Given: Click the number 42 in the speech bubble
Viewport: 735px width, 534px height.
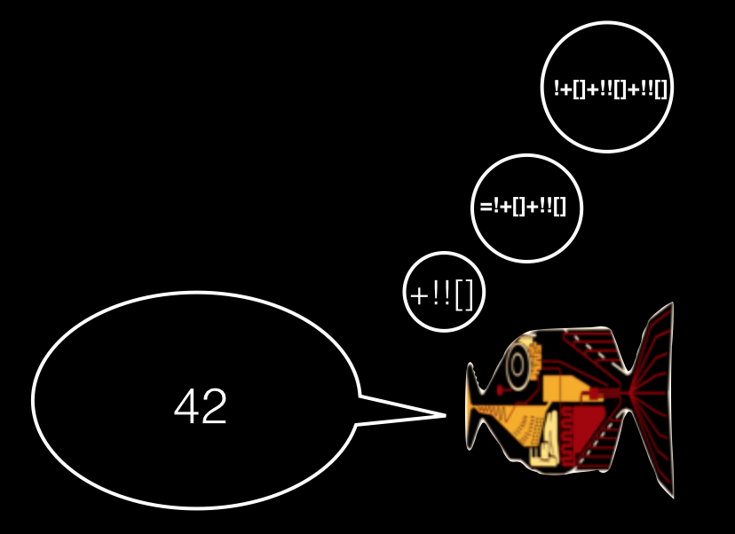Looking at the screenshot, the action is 201,407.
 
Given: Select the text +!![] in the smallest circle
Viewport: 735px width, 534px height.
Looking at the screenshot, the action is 444,292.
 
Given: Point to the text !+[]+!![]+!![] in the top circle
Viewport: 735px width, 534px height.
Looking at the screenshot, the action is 607,88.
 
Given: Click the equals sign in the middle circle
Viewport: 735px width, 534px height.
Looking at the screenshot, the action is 485,208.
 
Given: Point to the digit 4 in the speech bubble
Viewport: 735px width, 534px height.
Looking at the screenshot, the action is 186,407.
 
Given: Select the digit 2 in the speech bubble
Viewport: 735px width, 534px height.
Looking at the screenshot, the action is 215,407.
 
